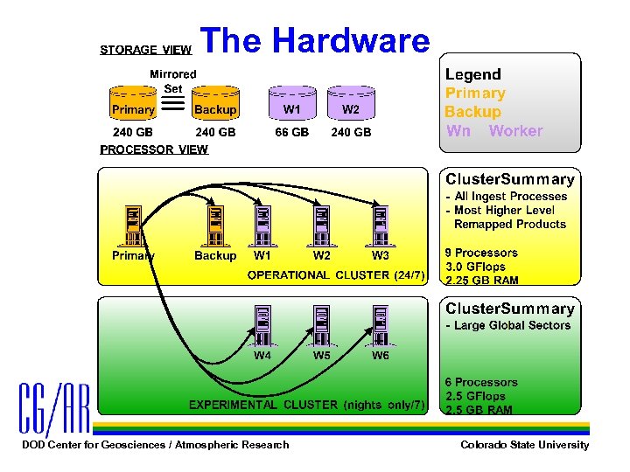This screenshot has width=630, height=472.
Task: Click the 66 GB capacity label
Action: [291, 133]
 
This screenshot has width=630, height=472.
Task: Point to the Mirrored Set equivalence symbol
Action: [173, 105]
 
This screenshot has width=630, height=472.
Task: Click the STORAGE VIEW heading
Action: [145, 50]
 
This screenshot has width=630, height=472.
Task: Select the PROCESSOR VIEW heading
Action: [154, 149]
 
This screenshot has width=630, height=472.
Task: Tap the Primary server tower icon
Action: [133, 226]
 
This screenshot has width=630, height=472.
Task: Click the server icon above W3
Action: [380, 226]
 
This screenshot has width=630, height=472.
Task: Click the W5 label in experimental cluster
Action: [321, 357]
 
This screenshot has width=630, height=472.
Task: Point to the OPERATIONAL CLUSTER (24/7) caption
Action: [336, 275]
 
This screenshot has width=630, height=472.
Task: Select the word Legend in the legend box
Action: [473, 74]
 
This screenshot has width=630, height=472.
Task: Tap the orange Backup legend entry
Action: [472, 112]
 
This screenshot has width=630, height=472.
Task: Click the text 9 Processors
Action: [481, 253]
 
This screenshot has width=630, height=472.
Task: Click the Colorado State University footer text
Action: [524, 445]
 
